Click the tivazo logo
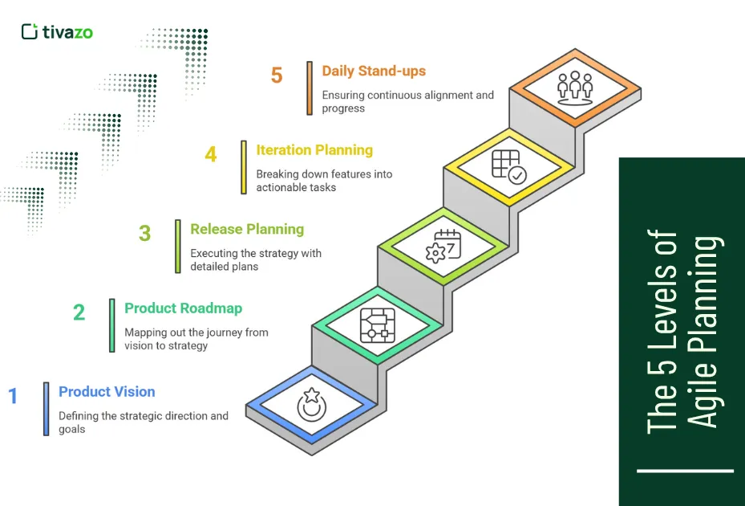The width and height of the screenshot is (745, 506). (57, 32)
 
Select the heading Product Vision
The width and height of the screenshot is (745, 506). (107, 392)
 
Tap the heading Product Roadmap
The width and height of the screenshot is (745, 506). (183, 308)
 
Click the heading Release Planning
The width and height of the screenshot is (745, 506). (247, 230)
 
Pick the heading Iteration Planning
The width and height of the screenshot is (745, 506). (314, 150)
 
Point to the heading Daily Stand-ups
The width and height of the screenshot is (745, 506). (374, 71)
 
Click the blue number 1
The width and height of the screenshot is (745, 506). (13, 396)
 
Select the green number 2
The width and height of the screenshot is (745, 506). (79, 312)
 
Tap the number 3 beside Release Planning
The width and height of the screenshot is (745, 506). (144, 234)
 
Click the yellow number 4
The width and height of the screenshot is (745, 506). (210, 154)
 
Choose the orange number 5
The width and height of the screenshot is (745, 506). (277, 75)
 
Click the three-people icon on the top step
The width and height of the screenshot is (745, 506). (574, 87)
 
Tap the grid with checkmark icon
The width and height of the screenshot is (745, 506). (508, 166)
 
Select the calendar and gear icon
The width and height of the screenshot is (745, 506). (443, 246)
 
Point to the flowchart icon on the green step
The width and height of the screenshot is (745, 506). (377, 325)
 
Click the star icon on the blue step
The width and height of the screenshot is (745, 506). (311, 404)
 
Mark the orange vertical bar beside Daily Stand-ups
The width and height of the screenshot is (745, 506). (310, 88)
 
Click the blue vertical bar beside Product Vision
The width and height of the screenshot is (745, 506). (47, 409)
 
